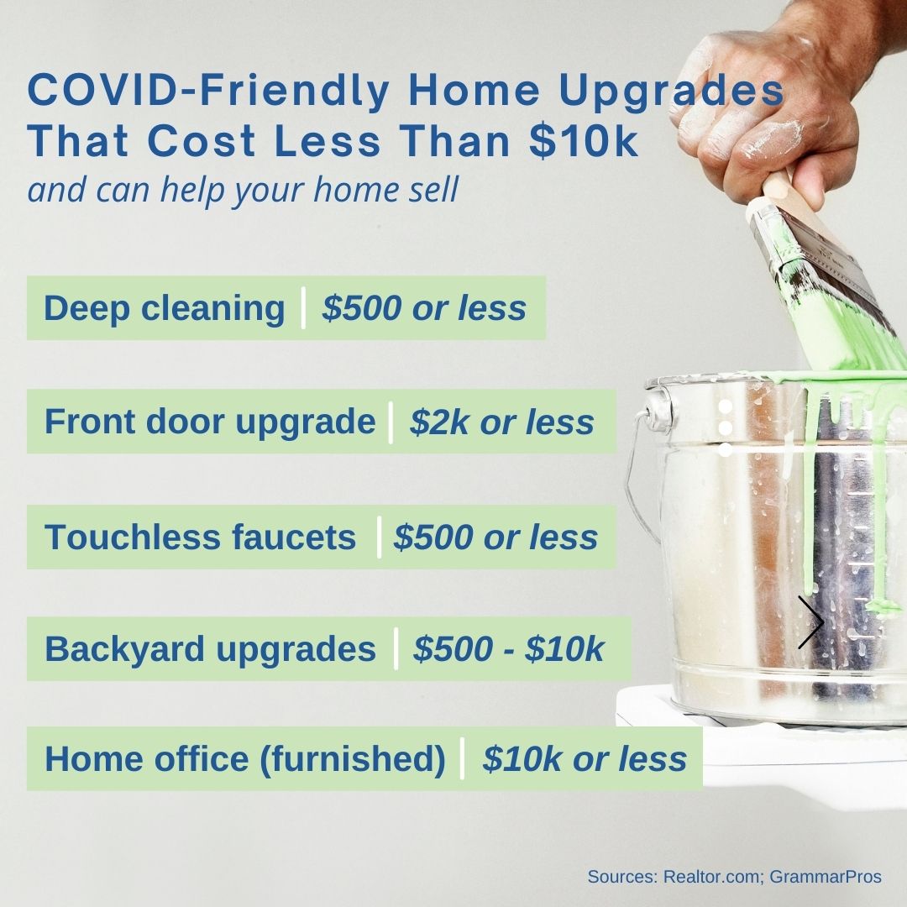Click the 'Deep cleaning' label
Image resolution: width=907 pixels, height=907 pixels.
[165, 308]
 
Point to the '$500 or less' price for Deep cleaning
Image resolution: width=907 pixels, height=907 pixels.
[424, 307]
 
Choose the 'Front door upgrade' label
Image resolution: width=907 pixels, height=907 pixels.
[210, 422]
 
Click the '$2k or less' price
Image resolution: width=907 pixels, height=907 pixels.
[501, 422]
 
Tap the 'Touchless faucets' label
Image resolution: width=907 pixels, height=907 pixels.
[200, 537]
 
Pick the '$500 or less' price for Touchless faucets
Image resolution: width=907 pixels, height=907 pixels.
[495, 537]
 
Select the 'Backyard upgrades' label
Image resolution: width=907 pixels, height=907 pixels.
[211, 649]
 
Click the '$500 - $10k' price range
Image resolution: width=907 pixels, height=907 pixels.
[508, 648]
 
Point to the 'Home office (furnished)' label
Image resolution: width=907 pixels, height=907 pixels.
[245, 759]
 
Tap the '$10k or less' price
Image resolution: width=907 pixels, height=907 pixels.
[585, 759]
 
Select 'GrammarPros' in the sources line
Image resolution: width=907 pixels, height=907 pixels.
[826, 877]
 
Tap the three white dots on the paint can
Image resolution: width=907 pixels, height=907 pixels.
[726, 428]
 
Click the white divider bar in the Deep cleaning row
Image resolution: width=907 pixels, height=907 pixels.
[303, 307]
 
